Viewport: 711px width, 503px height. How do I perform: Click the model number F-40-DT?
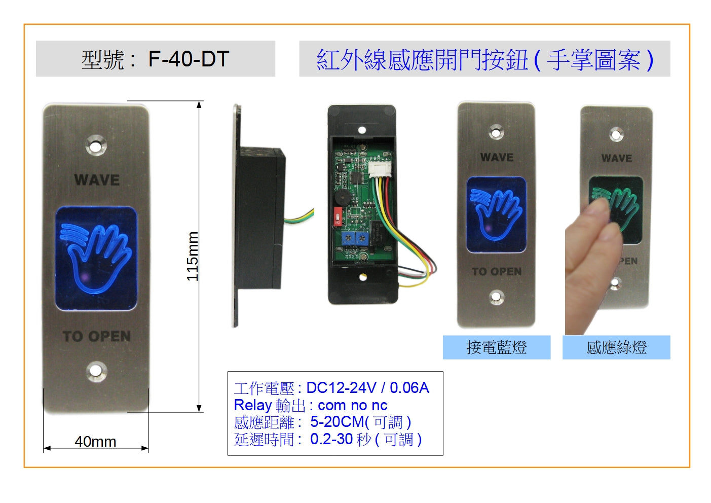coord(189,59)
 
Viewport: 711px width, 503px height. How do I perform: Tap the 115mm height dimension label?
coord(193,256)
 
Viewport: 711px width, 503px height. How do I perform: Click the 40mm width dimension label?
coord(95,442)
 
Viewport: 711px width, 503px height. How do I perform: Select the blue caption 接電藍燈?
coord(496,347)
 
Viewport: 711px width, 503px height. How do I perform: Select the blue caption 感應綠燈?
coord(616,347)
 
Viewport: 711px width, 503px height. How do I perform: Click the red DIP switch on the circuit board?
coord(338,216)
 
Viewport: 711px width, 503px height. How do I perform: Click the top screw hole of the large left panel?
coord(95,146)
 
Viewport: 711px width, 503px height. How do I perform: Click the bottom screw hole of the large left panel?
coord(95,371)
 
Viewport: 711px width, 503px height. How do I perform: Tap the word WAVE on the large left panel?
coord(97,180)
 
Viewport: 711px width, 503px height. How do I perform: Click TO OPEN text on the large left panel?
coord(97,336)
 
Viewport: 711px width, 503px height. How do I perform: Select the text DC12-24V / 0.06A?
coord(367,388)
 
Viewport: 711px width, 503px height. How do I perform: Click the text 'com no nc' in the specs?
coord(353,406)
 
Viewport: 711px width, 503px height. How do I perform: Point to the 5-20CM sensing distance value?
coord(336,422)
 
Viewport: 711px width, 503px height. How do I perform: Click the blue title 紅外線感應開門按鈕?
coord(422,60)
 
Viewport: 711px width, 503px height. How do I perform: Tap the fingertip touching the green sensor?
coord(601,208)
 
